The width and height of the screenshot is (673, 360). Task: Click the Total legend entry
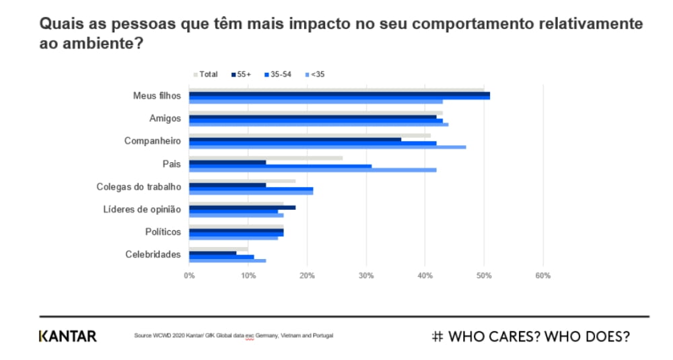pos(206,74)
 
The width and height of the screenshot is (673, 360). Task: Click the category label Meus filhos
pos(157,96)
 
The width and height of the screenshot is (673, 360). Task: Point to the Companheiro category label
pos(153,141)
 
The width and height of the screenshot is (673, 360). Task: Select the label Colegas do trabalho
pos(139,186)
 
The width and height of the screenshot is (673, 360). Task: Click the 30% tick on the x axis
pos(366,275)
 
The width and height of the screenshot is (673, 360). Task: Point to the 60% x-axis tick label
pos(542,275)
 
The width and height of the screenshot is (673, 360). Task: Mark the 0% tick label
pos(189,275)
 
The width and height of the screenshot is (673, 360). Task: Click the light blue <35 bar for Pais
pos(312,170)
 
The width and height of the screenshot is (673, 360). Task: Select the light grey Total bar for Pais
pos(266,158)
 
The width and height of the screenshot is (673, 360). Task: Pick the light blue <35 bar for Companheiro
pos(327,147)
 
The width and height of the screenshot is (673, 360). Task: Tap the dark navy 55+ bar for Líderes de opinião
pos(242,207)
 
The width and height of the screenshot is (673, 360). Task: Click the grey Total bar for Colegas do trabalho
pos(242,180)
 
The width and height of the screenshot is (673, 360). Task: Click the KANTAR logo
pos(67,336)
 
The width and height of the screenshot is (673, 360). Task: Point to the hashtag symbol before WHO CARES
pos(437,336)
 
